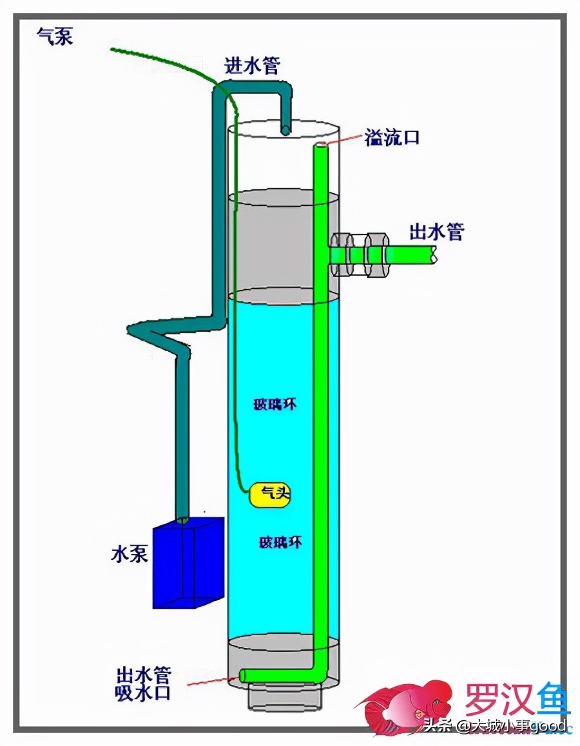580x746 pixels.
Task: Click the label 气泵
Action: coord(55,36)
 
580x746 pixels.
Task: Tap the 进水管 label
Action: coord(252,65)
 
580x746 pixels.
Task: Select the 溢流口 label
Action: coord(392,137)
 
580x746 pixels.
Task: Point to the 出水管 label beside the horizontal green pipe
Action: coord(437,232)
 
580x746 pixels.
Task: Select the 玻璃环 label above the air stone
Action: coord(275,405)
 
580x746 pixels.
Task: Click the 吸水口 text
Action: coord(143,693)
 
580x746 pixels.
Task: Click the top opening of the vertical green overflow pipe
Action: coord(320,146)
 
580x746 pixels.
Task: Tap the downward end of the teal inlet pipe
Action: coord(284,129)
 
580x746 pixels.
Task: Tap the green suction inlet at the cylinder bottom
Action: coord(244,676)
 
